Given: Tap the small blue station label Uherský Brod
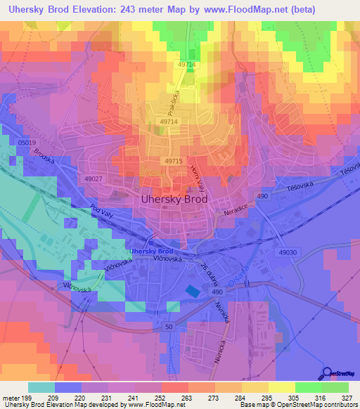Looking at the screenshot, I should (150, 251).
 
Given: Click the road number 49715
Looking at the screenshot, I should (174, 161).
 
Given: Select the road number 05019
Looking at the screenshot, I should (27, 143).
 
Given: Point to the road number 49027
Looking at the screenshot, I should (94, 179).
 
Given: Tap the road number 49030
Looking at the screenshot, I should (288, 252).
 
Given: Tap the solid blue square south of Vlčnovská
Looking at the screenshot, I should (191, 291).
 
